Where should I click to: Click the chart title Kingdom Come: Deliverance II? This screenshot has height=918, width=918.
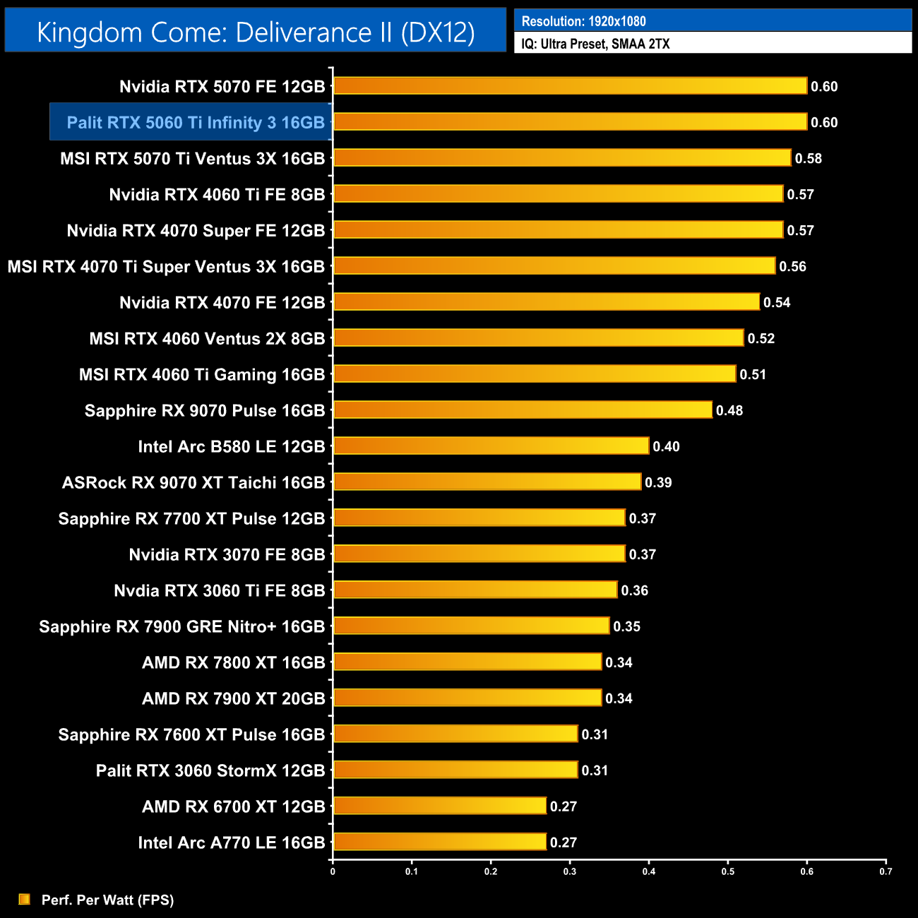pyautogui.click(x=256, y=32)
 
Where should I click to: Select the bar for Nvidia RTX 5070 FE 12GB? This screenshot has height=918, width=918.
pyautogui.click(x=570, y=86)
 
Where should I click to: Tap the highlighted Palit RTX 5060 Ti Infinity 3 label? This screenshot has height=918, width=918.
pyautogui.click(x=196, y=123)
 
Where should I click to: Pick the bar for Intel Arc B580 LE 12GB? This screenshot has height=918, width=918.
pyautogui.click(x=491, y=446)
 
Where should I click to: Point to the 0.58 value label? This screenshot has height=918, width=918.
pyautogui.click(x=808, y=159)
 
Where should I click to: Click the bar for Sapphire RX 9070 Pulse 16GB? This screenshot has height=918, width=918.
pyautogui.click(x=523, y=410)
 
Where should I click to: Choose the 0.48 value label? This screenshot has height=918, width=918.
pyautogui.click(x=729, y=411)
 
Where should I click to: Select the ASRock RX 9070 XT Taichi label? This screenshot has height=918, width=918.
pyautogui.click(x=193, y=483)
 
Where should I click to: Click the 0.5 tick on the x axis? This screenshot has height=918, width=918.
pyautogui.click(x=728, y=871)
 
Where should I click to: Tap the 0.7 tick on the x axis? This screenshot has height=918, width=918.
pyautogui.click(x=886, y=871)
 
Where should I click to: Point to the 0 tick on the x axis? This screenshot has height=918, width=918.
pyautogui.click(x=333, y=871)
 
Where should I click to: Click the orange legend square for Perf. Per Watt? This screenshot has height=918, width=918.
pyautogui.click(x=25, y=899)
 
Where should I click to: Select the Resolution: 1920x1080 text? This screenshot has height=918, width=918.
pyautogui.click(x=583, y=21)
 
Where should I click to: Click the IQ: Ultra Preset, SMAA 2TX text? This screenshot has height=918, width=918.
pyautogui.click(x=595, y=44)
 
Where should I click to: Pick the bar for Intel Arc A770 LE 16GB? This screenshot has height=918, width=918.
pyautogui.click(x=439, y=842)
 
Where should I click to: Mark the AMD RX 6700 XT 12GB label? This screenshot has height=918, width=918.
pyautogui.click(x=234, y=807)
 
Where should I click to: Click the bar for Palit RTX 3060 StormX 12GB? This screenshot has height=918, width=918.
pyautogui.click(x=455, y=770)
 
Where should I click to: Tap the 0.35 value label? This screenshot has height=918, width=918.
pyautogui.click(x=626, y=627)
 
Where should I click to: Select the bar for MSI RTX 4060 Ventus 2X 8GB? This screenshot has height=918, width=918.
pyautogui.click(x=538, y=338)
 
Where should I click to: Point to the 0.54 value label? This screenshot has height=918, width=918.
pyautogui.click(x=777, y=303)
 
